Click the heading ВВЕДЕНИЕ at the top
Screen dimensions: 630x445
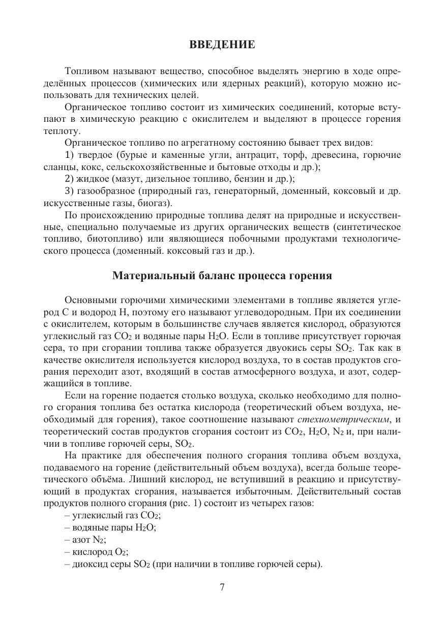point(222,45)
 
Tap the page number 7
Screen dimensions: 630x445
point(222,587)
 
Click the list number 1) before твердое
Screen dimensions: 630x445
point(70,155)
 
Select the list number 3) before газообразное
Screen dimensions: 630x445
point(70,191)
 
